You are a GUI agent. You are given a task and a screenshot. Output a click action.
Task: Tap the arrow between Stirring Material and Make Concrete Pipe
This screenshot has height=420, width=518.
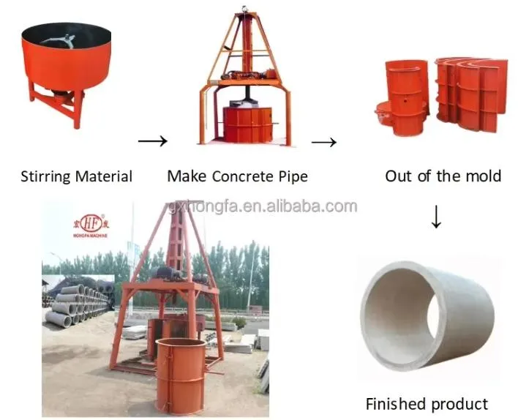tap(152, 140)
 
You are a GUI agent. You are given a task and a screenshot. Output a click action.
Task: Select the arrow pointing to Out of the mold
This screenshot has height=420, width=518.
tap(323, 140)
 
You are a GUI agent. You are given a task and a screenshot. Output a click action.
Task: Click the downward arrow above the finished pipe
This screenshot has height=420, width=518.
tap(436, 217)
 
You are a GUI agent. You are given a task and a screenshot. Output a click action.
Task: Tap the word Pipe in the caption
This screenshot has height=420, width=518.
tap(292, 176)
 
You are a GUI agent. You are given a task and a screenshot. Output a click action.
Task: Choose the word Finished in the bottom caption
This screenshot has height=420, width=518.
tap(397, 403)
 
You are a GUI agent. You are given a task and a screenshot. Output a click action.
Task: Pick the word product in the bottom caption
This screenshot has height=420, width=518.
tap(459, 403)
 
